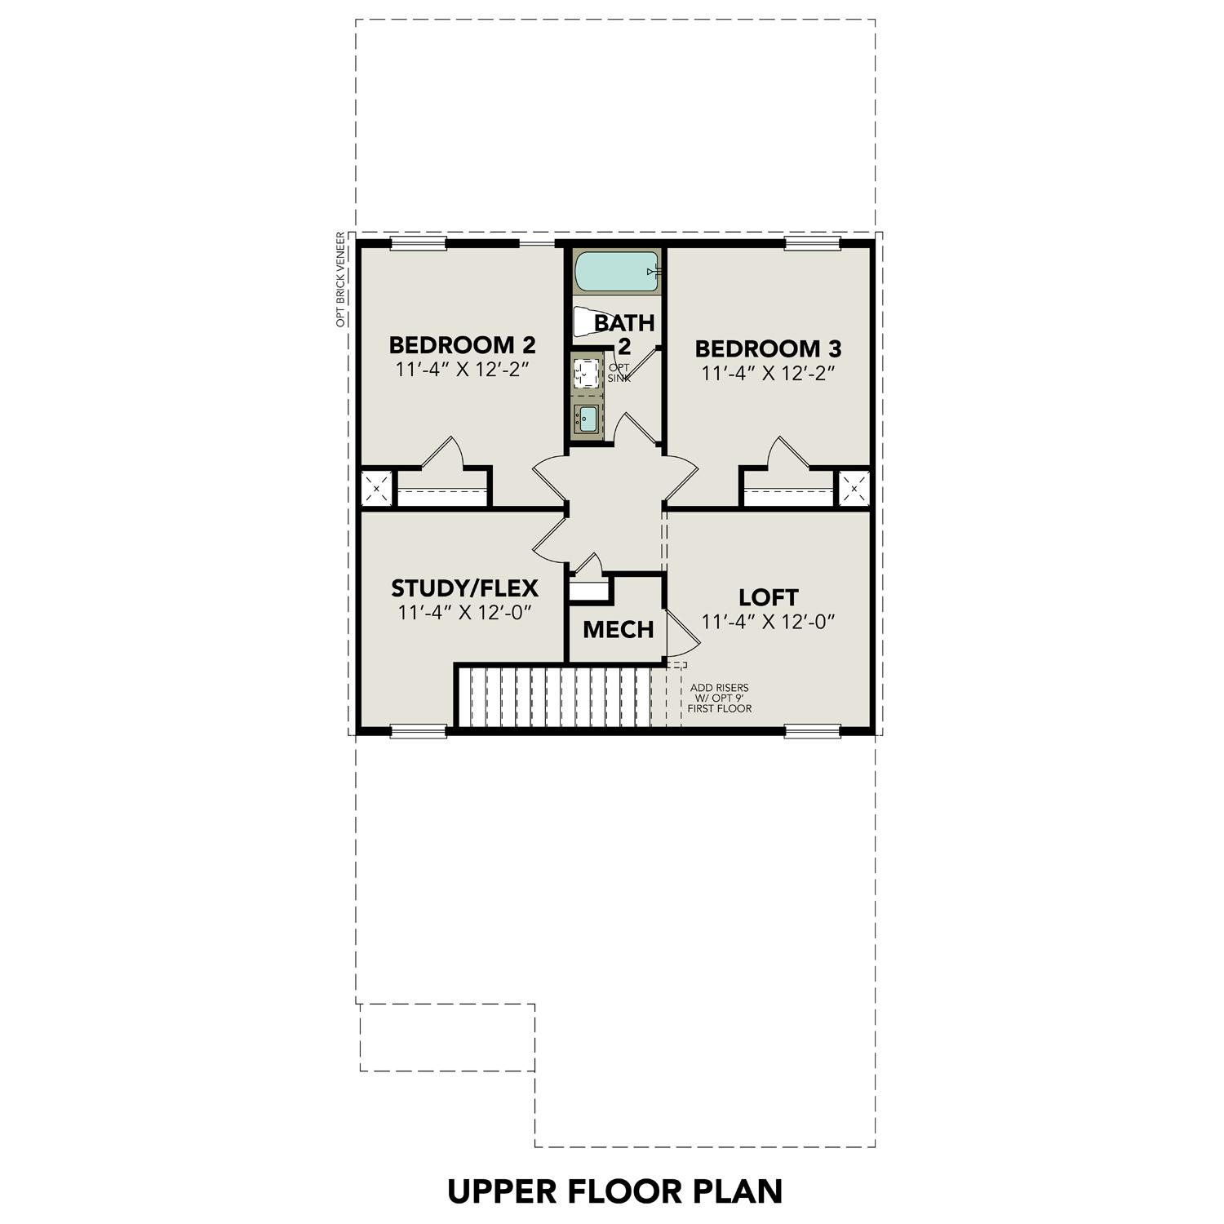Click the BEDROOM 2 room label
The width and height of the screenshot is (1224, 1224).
[x=462, y=344]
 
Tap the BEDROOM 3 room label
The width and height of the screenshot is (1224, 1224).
[x=768, y=348]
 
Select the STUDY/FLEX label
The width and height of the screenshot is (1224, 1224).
[x=464, y=588]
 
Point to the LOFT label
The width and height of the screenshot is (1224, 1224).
[x=769, y=596]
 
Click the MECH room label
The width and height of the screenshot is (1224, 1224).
[x=618, y=629]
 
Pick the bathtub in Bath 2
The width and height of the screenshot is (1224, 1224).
[x=616, y=272]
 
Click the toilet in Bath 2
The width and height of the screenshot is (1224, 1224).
[x=585, y=322]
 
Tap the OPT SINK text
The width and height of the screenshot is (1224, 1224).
[x=619, y=373]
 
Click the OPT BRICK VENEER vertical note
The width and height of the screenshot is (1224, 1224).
[x=341, y=280]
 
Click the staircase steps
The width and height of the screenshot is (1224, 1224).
[x=555, y=697]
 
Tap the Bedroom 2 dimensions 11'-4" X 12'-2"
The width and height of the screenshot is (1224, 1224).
[x=463, y=369]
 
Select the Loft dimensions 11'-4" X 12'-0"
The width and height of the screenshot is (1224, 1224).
[x=769, y=622]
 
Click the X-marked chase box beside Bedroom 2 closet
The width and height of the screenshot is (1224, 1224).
[x=376, y=489]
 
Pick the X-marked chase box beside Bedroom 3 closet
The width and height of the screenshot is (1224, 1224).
[x=854, y=489]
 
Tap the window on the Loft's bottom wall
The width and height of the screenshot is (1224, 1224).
[x=812, y=731]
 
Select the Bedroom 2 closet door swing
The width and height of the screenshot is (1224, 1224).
[x=445, y=453]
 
